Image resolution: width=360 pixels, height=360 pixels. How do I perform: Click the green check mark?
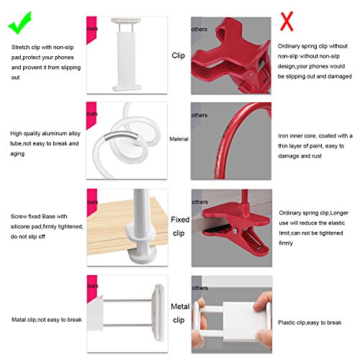pos(20,23)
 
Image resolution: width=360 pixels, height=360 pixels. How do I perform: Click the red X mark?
pos(287,21)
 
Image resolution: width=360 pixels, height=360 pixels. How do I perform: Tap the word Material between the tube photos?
pos(179,139)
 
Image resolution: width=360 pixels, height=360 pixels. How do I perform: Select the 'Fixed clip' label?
pos(180,226)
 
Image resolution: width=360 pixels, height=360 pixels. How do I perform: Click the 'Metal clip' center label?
pos(180,313)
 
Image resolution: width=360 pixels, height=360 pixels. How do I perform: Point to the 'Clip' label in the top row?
pos(179,55)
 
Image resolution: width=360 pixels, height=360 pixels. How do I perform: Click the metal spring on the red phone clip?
pos(262,67)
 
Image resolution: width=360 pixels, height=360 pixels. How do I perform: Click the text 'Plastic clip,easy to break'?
pos(310,323)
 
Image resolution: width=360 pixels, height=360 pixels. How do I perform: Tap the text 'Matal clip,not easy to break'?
pos(47,320)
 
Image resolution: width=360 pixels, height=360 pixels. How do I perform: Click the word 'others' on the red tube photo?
pos(199,115)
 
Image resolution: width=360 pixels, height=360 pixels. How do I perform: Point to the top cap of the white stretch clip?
pos(126,20)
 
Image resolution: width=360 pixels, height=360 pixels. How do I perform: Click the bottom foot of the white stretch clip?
pos(127,87)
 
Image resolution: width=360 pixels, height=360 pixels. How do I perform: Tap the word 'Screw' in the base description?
pos(19,217)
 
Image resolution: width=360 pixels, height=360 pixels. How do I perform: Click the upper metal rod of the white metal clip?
pos(128,300)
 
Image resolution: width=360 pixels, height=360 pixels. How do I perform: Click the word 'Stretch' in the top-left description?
pos(21,48)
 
